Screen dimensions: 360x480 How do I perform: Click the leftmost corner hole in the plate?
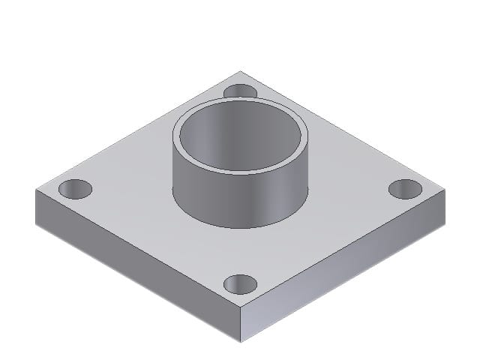tap(74, 189)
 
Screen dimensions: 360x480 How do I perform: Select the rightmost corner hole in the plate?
tap(405, 189)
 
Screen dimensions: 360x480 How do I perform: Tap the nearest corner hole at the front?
tap(240, 283)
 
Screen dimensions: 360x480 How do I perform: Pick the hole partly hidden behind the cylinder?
tap(240, 91)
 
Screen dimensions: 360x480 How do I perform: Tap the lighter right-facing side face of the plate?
tap(345, 262)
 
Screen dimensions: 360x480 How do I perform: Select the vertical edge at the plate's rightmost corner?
tap(445, 206)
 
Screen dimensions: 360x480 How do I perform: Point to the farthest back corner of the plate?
tap(240, 71)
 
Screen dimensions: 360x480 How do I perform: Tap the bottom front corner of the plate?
tap(241, 342)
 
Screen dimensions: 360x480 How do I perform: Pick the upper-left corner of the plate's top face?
tap(36, 190)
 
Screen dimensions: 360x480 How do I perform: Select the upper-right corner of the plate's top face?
tap(445, 190)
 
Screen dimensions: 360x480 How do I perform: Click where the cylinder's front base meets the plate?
tap(240, 227)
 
